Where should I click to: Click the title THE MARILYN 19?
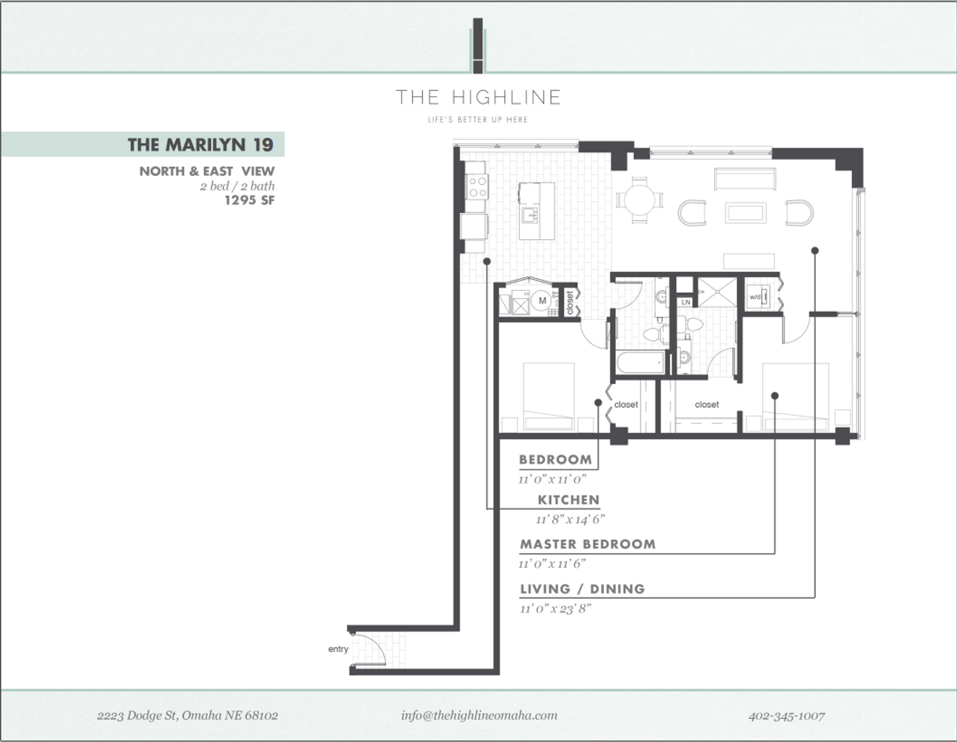click(201, 145)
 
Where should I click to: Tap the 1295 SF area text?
click(249, 201)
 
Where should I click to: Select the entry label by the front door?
click(338, 649)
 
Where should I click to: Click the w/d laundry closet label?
click(755, 297)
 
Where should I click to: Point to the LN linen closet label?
click(686, 302)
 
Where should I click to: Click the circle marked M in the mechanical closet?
click(542, 301)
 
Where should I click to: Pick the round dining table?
click(640, 201)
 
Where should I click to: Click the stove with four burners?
click(477, 187)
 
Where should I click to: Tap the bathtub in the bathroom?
click(641, 363)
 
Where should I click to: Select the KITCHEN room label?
click(569, 499)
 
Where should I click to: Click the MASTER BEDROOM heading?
click(587, 544)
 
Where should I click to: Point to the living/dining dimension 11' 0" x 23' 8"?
click(555, 609)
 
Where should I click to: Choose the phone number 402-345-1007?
click(787, 716)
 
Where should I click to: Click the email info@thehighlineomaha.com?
click(479, 715)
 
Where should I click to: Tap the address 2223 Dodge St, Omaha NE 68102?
click(188, 715)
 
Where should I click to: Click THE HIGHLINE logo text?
click(478, 98)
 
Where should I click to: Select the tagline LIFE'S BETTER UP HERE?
click(478, 120)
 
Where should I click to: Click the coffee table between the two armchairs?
click(745, 213)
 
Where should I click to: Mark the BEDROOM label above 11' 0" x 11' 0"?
click(555, 460)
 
